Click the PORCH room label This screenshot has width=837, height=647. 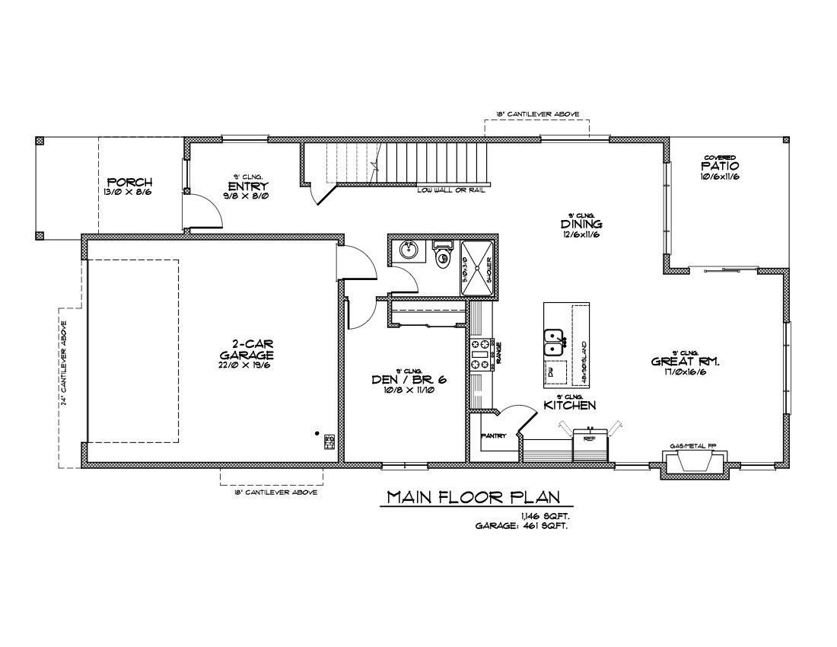pos(129,183)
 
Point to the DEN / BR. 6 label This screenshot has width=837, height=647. pos(408,380)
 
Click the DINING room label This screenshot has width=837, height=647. pos(581,225)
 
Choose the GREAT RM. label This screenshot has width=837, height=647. pos(685,362)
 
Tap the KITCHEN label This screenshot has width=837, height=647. pos(569,406)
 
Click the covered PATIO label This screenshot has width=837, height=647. pos(720,166)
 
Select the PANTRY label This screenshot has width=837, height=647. pos(494,436)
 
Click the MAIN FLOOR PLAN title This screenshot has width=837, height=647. pos(474,498)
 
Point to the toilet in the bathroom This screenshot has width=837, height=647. pos(442,257)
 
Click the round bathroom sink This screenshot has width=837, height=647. pos(409,250)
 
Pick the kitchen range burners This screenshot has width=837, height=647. pos(480,355)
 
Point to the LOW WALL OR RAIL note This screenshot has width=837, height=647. pos(451,190)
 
